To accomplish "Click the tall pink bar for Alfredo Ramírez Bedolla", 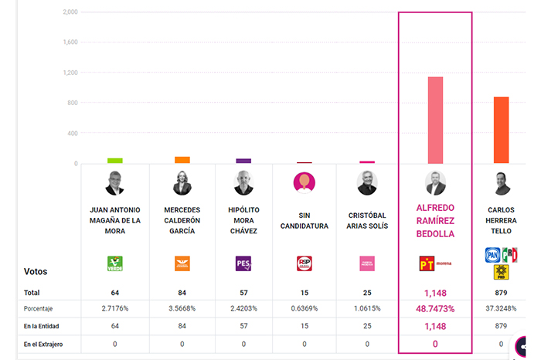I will coord(435,120).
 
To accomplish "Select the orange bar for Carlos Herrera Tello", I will coord(501,130).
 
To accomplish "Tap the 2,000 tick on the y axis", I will coord(70,12).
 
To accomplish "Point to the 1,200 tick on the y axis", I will coord(70,73).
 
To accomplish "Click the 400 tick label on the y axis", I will coord(72,133).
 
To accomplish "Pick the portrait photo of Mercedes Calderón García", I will coord(182,182).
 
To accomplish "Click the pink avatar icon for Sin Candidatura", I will coord(305,182).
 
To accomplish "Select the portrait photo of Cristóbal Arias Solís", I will coord(367,183).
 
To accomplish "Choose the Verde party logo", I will coord(115,263).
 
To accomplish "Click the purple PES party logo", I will coord(243,263).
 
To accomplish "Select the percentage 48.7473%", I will coord(435,309).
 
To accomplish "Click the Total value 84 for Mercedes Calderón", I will coord(182,293).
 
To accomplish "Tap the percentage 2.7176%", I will coord(115,309).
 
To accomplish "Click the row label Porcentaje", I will coord(39,309).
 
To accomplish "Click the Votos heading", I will coord(37,272).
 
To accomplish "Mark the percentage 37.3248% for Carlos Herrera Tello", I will coord(501,309).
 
